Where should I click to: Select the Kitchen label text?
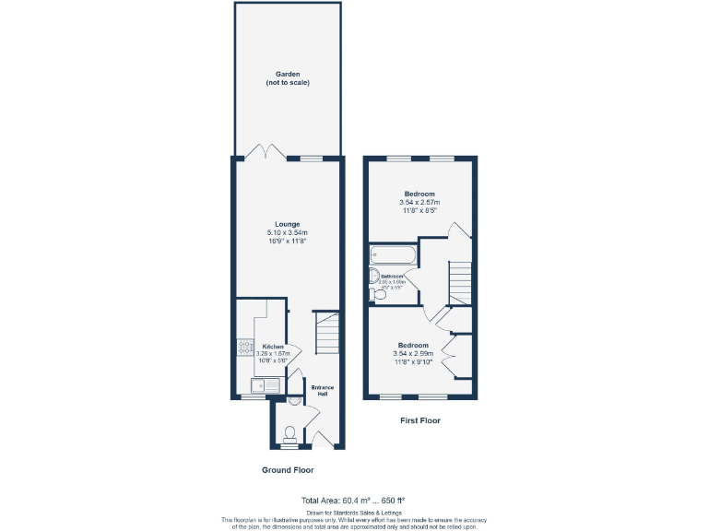pyautogui.click(x=273, y=347)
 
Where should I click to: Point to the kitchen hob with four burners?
pyautogui.click(x=246, y=348)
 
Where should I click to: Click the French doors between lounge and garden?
pyautogui.click(x=266, y=152)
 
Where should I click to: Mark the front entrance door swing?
pyautogui.click(x=321, y=438)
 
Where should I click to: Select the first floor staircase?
pyautogui.click(x=460, y=281)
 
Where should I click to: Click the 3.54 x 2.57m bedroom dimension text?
pyautogui.click(x=419, y=202)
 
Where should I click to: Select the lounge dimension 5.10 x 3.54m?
pyautogui.click(x=287, y=232)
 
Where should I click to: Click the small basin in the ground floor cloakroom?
pyautogui.click(x=292, y=402)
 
